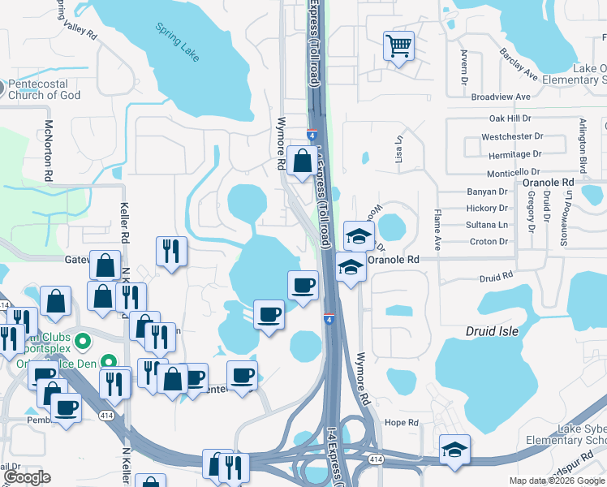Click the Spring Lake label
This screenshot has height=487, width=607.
178,41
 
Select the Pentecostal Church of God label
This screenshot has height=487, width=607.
45,89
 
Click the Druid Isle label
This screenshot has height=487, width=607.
491,331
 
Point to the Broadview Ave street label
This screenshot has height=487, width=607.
500,97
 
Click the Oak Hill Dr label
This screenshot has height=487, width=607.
510,119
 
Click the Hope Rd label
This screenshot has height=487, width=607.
401,423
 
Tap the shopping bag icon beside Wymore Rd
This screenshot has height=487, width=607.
302,162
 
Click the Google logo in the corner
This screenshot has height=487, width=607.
27,477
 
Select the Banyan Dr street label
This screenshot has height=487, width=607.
487,192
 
